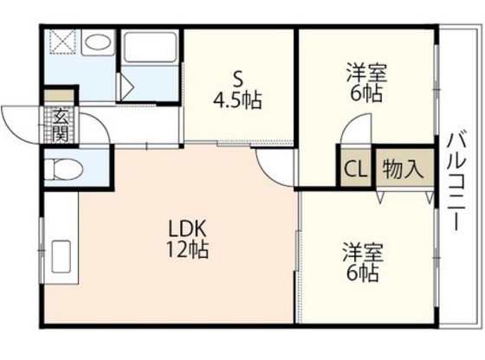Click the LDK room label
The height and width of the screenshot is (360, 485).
click(x=187, y=229)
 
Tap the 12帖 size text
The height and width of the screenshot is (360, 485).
click(x=187, y=250)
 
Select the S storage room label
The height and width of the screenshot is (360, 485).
click(x=237, y=80)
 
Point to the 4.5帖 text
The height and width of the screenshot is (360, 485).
click(x=237, y=100)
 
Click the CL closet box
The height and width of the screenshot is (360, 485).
click(x=356, y=169)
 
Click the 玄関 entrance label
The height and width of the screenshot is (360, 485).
click(x=61, y=125)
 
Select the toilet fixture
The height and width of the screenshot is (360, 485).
click(x=64, y=169)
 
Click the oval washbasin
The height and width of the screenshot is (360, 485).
click(x=97, y=42)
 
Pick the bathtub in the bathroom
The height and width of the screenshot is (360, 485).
click(x=149, y=48)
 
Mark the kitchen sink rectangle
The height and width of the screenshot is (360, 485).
click(x=61, y=257)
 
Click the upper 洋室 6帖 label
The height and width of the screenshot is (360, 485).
click(x=366, y=82)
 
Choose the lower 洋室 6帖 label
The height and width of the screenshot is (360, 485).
click(x=363, y=263)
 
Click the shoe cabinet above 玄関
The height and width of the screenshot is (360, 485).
click(x=59, y=97)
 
